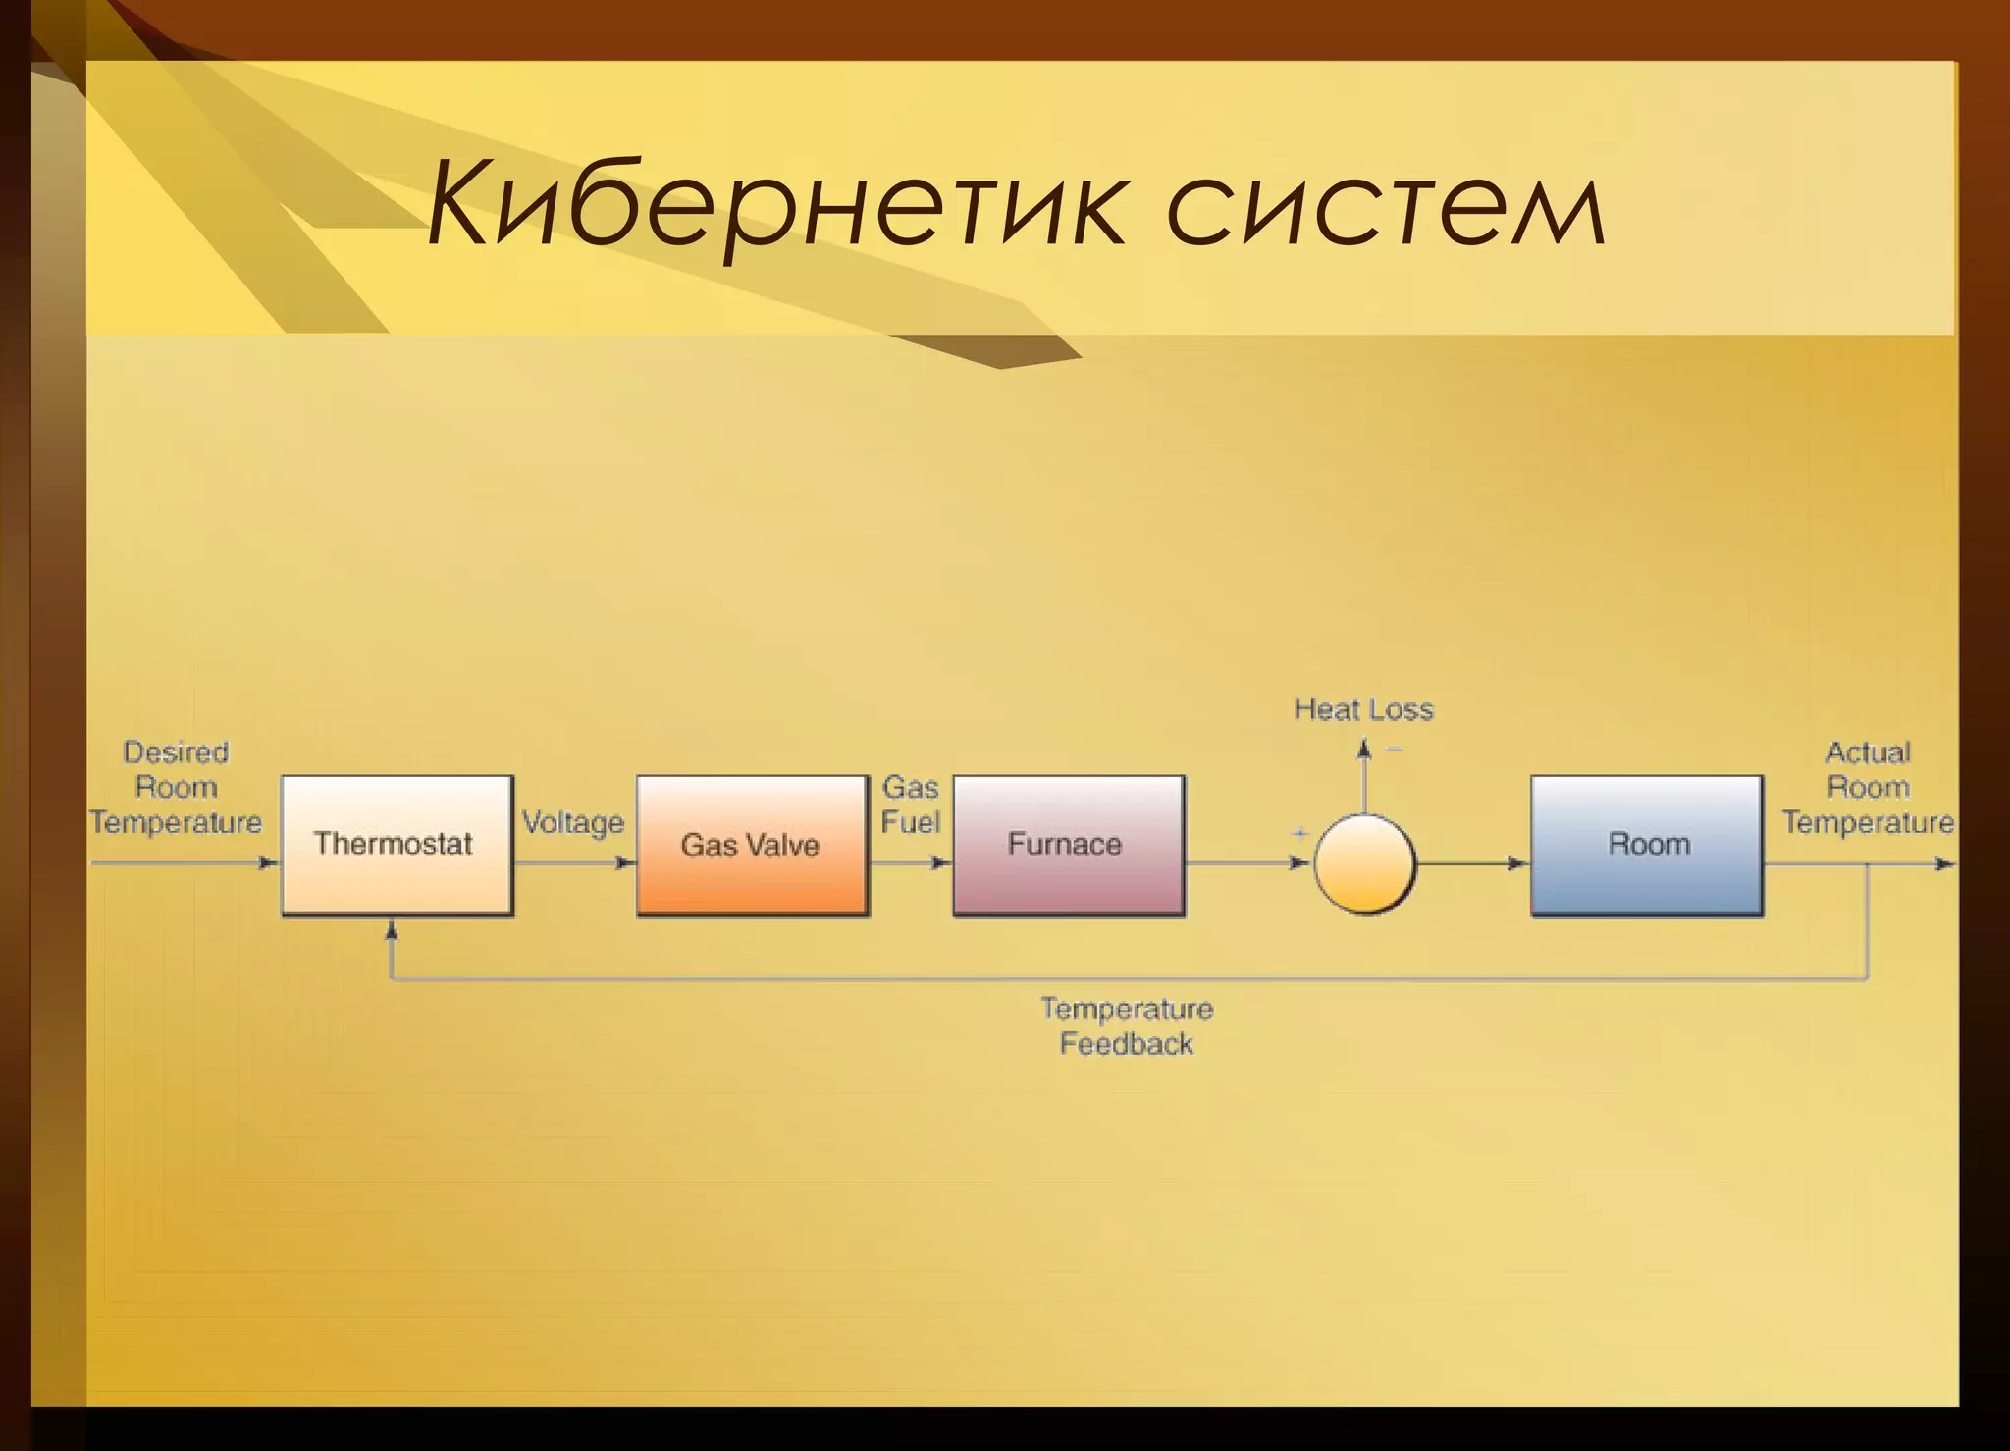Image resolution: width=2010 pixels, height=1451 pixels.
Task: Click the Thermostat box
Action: point(397,845)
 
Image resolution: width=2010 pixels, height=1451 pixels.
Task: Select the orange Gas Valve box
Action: point(752,846)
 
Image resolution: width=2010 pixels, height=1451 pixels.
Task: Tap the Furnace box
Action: point(1068,845)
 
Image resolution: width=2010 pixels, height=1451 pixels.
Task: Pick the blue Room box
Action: point(1646,845)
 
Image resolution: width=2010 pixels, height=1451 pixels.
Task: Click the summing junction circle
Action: point(1364,863)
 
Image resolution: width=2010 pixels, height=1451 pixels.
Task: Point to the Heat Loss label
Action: point(1363,709)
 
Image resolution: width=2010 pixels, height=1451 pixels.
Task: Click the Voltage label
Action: point(573,822)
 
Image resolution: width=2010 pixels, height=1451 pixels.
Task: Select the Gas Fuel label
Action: point(911,804)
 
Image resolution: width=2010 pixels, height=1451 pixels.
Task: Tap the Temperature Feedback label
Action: point(1127,1026)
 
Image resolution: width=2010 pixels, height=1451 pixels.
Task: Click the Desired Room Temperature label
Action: point(177,787)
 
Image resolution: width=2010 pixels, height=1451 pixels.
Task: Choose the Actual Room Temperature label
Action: point(1868,787)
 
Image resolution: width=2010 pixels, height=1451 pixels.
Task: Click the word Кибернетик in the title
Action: point(775,209)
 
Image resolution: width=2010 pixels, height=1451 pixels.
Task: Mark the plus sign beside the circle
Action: point(1300,834)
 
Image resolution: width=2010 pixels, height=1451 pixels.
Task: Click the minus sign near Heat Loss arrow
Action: point(1394,751)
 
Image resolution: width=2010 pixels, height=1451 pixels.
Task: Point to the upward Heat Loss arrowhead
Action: point(1363,750)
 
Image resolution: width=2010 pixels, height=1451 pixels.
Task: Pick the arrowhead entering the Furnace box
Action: point(940,863)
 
